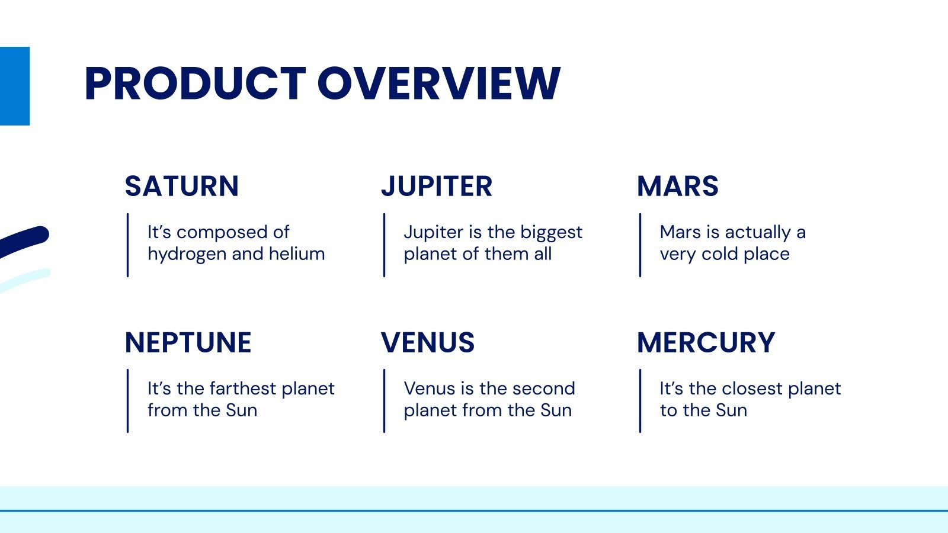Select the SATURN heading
182,186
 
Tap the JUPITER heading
437,186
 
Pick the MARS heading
678,186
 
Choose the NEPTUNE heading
188,342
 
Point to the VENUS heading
428,342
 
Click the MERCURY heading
706,342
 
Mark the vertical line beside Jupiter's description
385,245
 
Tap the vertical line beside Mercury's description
640,400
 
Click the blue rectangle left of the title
15,86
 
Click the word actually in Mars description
758,233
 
